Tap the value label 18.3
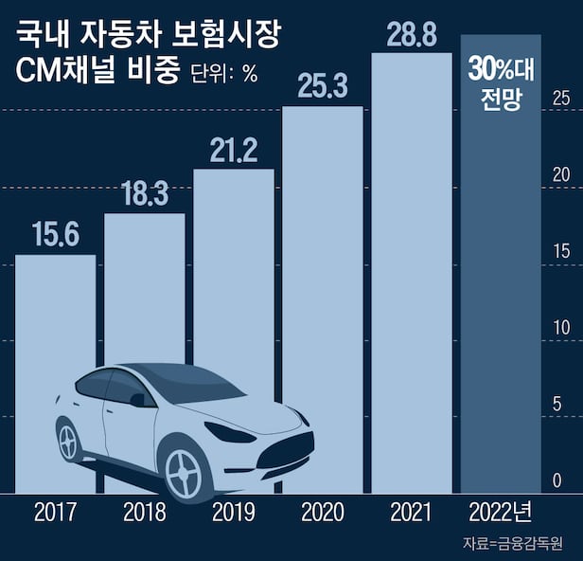(x=145, y=194)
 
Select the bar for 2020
(x=323, y=237)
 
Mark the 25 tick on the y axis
(x=561, y=98)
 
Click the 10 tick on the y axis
(x=561, y=328)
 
